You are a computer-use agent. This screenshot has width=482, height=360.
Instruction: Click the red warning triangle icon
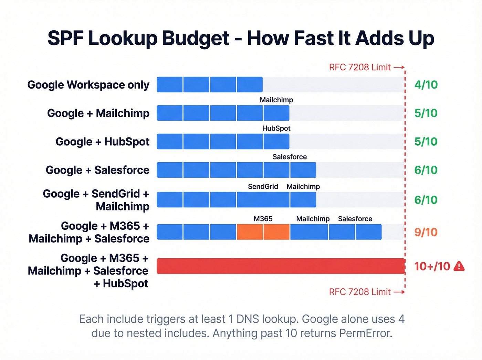coord(459,266)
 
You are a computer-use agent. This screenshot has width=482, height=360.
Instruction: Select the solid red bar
coord(281,266)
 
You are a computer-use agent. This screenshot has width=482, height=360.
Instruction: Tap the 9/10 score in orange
coord(426,232)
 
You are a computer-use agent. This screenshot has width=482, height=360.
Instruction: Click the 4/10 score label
coord(426,85)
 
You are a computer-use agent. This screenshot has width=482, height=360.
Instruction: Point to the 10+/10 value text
coord(432,266)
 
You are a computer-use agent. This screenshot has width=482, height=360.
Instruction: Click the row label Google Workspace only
coord(88,85)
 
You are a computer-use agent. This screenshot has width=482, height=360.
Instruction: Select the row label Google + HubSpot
coord(102,142)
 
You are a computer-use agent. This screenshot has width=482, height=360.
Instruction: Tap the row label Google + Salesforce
coord(97,170)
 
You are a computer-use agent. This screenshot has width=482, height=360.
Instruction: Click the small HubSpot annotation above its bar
coord(276,128)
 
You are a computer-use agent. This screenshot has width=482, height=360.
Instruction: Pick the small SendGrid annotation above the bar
coord(263,187)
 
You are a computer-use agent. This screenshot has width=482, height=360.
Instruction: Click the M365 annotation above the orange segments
coord(263,219)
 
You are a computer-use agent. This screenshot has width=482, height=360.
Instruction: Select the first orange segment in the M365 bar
coord(250,232)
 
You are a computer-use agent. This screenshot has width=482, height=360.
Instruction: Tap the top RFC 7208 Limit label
coord(360,67)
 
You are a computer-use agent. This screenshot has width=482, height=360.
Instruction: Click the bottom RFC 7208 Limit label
coord(360,292)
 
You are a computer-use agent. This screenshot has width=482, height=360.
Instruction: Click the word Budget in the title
coord(196,39)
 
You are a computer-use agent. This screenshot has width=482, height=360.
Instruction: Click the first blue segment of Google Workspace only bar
coord(170,85)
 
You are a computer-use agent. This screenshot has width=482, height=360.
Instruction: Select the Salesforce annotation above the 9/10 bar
coord(355,219)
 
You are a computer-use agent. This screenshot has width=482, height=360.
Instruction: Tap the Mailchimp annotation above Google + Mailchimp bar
coord(276,100)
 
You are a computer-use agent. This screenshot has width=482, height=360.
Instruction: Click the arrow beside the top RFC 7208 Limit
coord(399,67)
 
